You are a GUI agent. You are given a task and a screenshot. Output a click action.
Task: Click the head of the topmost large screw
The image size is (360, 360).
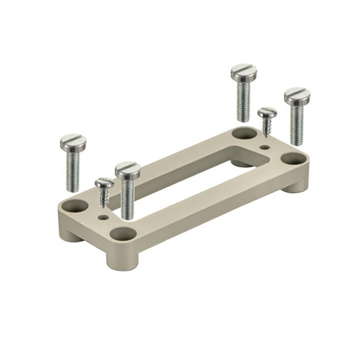pyautogui.click(x=243, y=71)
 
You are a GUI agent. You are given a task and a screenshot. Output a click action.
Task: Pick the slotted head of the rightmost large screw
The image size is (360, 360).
pyautogui.click(x=296, y=95)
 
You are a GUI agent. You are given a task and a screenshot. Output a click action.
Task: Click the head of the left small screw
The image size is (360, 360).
pyautogui.click(x=104, y=183)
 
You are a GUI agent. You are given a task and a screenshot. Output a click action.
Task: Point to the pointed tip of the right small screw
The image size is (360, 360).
pyautogui.click(x=264, y=136)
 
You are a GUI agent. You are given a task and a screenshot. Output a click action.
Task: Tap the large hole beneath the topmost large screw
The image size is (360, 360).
pyautogui.click(x=243, y=134)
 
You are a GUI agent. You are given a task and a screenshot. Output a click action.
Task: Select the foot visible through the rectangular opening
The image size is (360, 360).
pyautogui.click(x=243, y=163)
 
